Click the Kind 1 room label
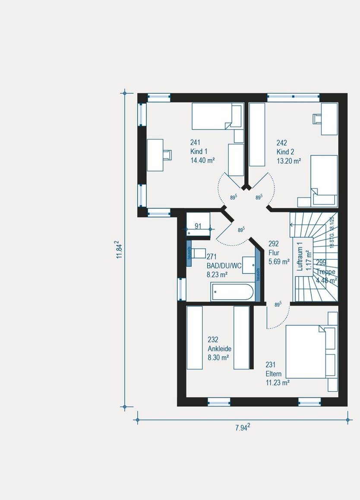pos(199,152)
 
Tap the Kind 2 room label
pos(285,152)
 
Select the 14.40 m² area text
pos(202,160)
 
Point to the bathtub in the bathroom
pos(232,292)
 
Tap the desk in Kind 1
pos(155,155)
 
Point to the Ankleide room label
pos(220,348)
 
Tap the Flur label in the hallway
pos(274,253)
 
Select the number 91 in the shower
pos(199,226)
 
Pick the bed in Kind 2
pos(323,180)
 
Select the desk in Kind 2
pos(328,119)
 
